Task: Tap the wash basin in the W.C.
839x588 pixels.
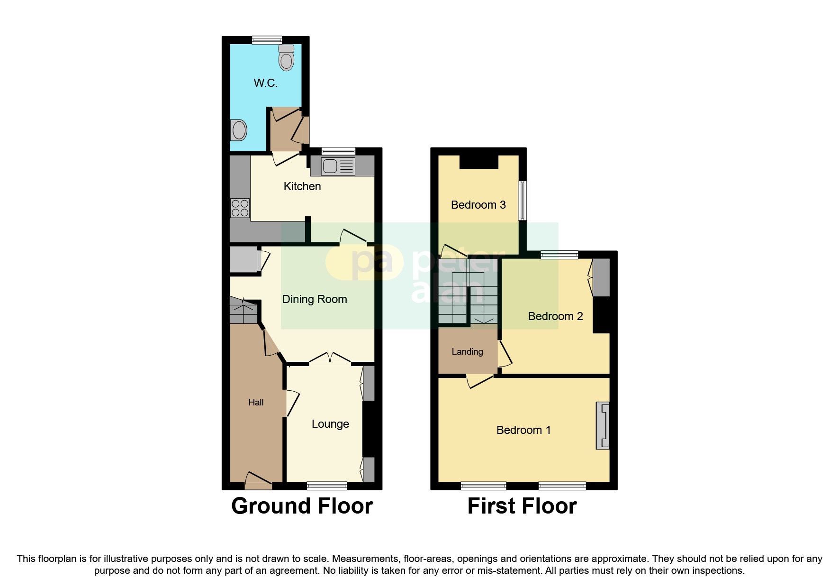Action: coord(239,130)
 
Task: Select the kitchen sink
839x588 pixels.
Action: coord(338,166)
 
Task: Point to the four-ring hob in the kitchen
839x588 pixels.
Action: coord(240,208)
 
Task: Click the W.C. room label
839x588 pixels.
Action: coord(265,83)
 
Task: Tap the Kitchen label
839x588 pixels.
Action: coord(302,186)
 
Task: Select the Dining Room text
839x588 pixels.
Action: coord(315,299)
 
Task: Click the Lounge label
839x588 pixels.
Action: coord(330,424)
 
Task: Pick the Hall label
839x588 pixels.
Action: coord(256,403)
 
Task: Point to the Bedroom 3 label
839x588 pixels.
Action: coord(478,205)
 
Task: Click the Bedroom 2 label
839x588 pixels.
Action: coord(555,316)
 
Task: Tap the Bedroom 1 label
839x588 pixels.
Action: coord(523,430)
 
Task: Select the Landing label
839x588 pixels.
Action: coord(467,352)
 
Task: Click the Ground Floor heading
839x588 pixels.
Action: coord(302,506)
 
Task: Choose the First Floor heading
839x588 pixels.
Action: coord(522,506)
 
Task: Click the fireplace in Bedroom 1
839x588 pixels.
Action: coord(603,425)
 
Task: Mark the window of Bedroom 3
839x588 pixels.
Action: coord(522,200)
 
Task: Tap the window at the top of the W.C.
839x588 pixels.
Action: coord(267,40)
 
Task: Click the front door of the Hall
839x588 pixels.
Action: coord(258,481)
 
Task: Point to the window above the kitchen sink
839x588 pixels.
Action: coord(338,151)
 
